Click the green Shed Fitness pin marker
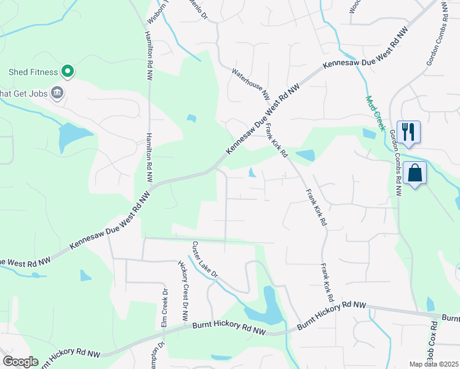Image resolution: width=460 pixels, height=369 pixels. (68, 72)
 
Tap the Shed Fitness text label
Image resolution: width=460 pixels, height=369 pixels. (33, 72)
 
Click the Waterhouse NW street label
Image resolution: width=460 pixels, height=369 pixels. (251, 84)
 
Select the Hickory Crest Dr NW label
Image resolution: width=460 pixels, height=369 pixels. (183, 291)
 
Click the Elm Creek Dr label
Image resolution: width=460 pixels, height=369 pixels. (165, 308)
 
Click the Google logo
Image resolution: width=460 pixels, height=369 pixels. (20, 362)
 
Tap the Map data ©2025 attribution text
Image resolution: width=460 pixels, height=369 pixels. (434, 364)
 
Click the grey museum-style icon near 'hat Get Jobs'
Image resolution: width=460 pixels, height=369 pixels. (57, 93)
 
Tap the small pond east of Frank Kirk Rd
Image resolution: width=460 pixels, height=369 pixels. (304, 155)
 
